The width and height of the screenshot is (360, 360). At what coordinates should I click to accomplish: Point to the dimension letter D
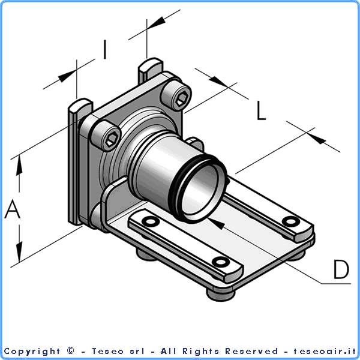tap(341, 269)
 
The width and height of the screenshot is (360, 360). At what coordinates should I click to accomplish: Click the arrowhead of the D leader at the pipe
tap(217, 224)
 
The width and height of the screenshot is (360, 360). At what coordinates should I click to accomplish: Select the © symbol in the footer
tap(71, 351)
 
